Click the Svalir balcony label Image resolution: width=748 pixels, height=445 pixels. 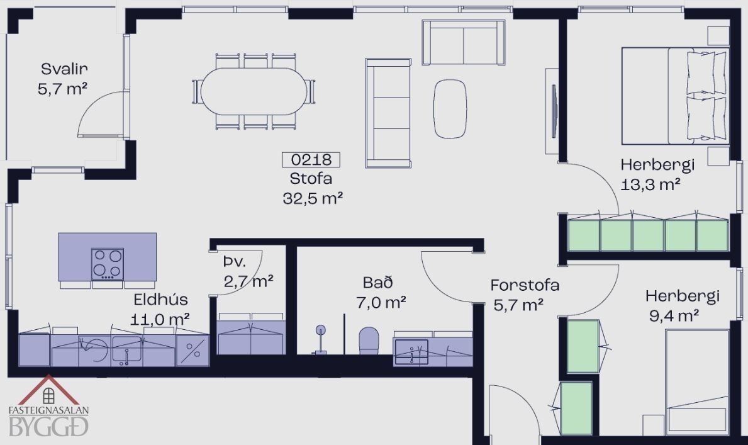[x=64, y=69]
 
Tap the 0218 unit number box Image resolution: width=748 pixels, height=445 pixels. [x=311, y=159]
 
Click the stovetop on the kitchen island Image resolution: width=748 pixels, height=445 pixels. [x=108, y=264]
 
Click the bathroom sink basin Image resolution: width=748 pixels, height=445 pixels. [x=411, y=352]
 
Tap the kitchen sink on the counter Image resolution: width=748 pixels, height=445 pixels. [x=127, y=350]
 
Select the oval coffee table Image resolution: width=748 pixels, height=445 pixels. [x=450, y=109]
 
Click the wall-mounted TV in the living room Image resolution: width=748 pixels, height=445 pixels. [x=554, y=111]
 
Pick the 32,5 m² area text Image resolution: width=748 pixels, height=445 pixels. [x=313, y=198]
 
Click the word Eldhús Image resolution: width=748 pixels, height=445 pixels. [x=161, y=300]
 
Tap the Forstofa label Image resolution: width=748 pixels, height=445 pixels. [x=525, y=285]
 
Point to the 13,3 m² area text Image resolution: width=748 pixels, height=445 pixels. [x=650, y=184]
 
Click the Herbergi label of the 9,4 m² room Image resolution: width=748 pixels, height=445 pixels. [x=682, y=296]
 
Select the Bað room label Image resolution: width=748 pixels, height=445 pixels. [x=378, y=282]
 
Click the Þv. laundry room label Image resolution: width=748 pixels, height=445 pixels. [x=234, y=262]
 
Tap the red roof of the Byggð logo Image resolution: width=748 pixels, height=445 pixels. [x=48, y=389]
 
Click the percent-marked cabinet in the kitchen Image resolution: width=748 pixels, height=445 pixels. [x=193, y=351]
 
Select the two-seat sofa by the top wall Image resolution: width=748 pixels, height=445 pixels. [x=463, y=43]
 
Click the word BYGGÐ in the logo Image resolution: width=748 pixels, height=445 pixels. [x=48, y=426]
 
